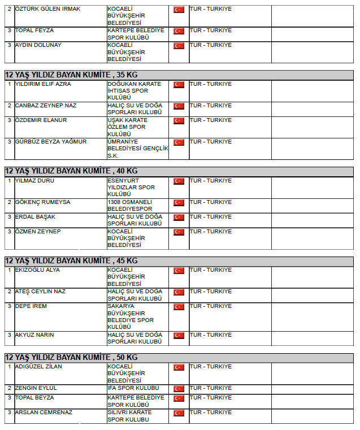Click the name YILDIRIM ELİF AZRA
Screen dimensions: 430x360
43,84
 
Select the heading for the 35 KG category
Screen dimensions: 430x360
71,74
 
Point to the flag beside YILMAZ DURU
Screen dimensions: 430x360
179,181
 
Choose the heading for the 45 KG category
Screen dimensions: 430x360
71,260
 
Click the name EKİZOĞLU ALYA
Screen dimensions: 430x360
38,270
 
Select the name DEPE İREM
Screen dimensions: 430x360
31,306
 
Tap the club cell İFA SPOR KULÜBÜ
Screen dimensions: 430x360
133,388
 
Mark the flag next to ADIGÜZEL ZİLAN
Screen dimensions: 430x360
179,367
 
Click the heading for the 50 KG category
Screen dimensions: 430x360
71,357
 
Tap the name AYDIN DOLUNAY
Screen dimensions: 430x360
38,45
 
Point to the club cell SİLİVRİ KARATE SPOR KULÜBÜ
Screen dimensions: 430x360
129,416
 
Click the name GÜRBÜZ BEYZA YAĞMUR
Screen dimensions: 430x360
51,142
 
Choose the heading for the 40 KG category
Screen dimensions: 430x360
71,171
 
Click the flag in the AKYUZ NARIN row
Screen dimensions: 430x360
179,336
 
